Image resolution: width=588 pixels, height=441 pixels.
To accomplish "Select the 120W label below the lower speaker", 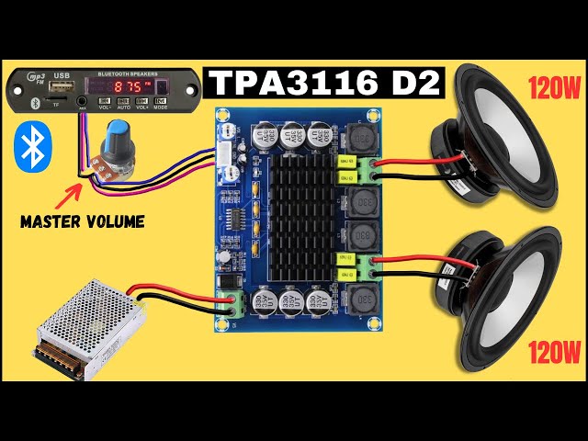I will pos(554,350).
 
